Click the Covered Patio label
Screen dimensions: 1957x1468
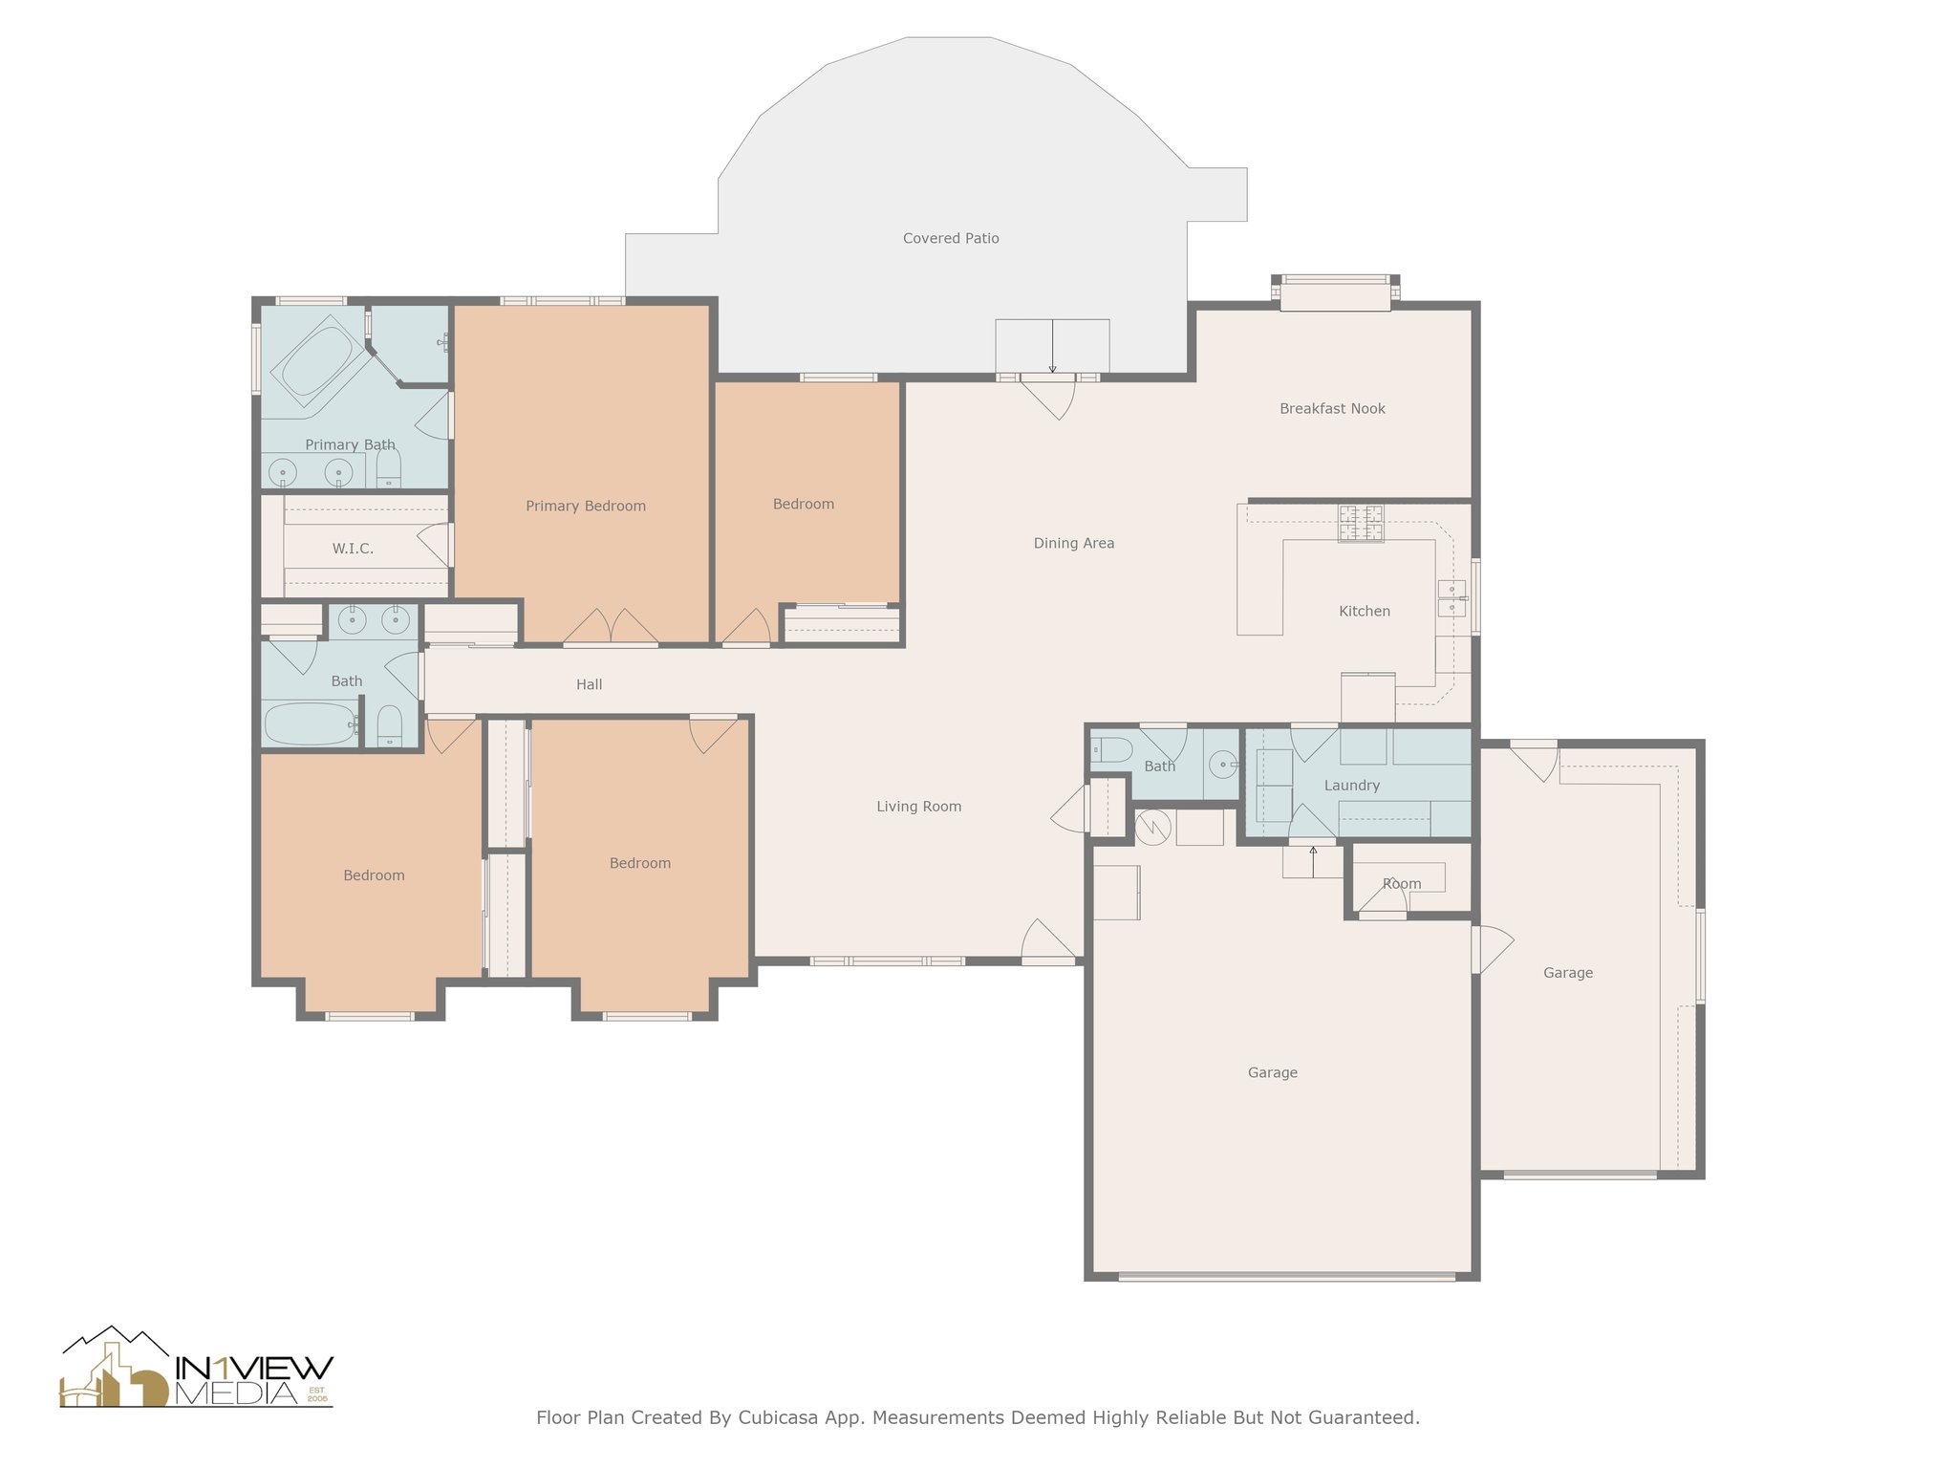[x=951, y=238]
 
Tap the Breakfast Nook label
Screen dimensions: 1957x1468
[x=1332, y=408]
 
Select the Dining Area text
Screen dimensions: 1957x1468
[x=1074, y=543]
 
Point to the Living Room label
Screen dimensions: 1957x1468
[x=918, y=807]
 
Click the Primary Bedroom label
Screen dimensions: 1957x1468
[x=586, y=506]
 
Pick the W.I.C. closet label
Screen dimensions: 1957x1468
[x=353, y=549]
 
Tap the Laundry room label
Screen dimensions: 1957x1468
[x=1351, y=786]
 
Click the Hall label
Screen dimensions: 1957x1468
[x=589, y=684]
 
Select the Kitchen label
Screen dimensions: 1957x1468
[x=1364, y=611]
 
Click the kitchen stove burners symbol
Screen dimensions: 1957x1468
[x=1361, y=523]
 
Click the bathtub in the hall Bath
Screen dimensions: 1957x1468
[x=310, y=724]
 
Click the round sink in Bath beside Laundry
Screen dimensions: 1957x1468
[x=1222, y=765]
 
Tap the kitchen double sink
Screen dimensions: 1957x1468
[x=1452, y=597]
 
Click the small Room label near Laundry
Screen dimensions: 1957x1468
[x=1402, y=883]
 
